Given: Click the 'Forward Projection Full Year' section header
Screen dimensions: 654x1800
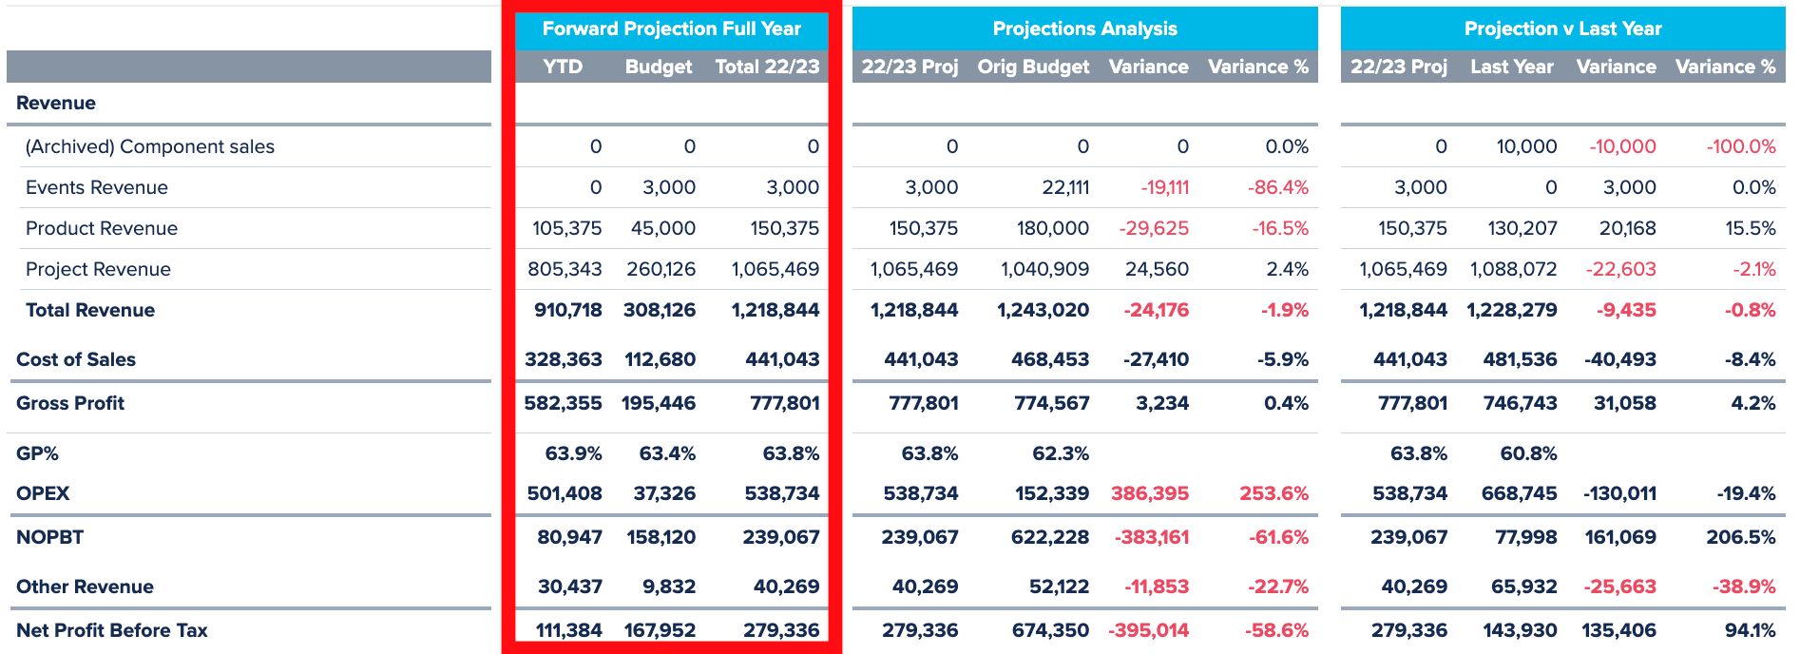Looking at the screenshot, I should pyautogui.click(x=671, y=29).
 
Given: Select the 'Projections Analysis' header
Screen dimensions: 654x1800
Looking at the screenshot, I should pyautogui.click(x=1084, y=29).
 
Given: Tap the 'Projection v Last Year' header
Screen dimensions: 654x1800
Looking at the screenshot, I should pyautogui.click(x=1562, y=29).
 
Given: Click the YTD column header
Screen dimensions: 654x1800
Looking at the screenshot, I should pyautogui.click(x=563, y=67).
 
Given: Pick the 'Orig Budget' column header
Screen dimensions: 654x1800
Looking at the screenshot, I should pyautogui.click(x=1033, y=67).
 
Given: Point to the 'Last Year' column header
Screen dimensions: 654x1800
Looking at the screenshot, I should pyautogui.click(x=1511, y=67).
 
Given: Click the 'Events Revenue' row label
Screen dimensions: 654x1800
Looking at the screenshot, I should pyautogui.click(x=97, y=187).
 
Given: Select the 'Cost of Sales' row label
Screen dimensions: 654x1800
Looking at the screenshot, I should pyautogui.click(x=76, y=359).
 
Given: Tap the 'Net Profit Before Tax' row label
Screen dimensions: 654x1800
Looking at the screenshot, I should pyautogui.click(x=112, y=630).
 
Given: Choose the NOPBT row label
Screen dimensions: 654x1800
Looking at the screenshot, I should pyautogui.click(x=50, y=537).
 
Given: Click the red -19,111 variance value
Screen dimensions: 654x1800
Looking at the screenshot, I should pyautogui.click(x=1164, y=187).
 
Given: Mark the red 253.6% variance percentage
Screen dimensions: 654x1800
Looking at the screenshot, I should pyautogui.click(x=1273, y=493).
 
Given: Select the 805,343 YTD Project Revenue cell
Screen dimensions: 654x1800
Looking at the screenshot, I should pyautogui.click(x=565, y=269).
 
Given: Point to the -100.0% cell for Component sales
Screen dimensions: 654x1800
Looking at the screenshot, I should pyautogui.click(x=1740, y=146).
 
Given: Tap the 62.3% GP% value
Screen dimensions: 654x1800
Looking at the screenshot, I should pyautogui.click(x=1061, y=453).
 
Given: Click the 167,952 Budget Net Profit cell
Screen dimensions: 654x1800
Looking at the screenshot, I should pyautogui.click(x=660, y=630).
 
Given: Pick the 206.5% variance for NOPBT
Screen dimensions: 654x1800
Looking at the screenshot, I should pyautogui.click(x=1740, y=537).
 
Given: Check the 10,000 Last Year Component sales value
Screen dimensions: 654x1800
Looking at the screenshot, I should pyautogui.click(x=1526, y=146).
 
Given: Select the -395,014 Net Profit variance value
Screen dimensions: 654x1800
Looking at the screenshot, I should pyautogui.click(x=1148, y=630).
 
